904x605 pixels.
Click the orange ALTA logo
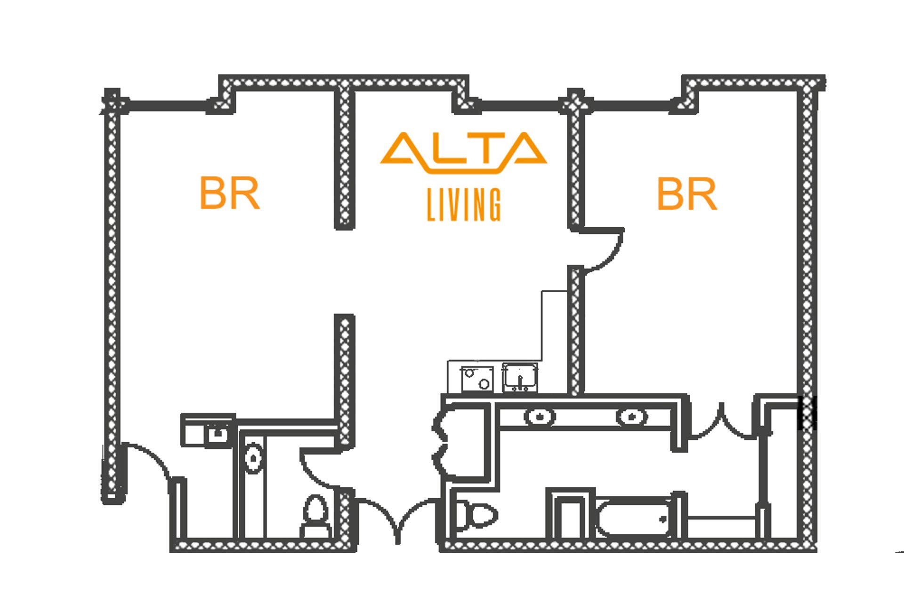[x=464, y=152]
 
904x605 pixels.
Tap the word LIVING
[x=464, y=204]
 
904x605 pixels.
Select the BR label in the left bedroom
[x=229, y=192]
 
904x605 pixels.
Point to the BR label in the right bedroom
[x=687, y=193]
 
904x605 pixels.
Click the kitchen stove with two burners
[x=477, y=379]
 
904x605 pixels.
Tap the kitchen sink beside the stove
[x=520, y=377]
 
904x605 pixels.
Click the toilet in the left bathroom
[x=316, y=516]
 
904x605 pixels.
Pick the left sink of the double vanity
[x=540, y=416]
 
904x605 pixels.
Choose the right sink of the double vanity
[x=631, y=416]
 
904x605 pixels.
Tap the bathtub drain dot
[x=663, y=520]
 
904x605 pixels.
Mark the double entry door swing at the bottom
[x=398, y=520]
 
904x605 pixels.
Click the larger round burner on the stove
[x=484, y=384]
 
